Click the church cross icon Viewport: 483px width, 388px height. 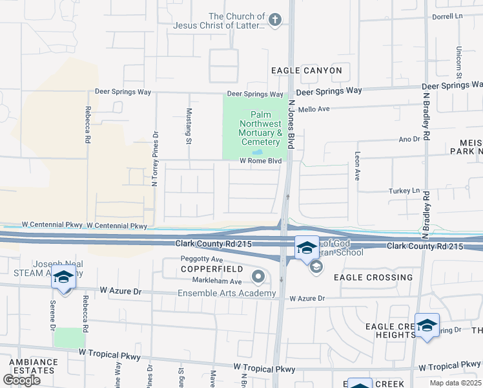click(x=275, y=20)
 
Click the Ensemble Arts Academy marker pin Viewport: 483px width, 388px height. click(x=258, y=277)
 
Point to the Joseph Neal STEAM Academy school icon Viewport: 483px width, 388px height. click(x=63, y=277)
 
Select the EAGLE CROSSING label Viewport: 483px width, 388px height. click(x=373, y=277)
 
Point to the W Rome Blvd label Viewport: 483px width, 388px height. click(x=261, y=160)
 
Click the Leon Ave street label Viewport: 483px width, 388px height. click(x=356, y=166)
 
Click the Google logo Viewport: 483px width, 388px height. click(x=21, y=380)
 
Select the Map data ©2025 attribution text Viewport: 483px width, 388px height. click(x=456, y=383)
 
